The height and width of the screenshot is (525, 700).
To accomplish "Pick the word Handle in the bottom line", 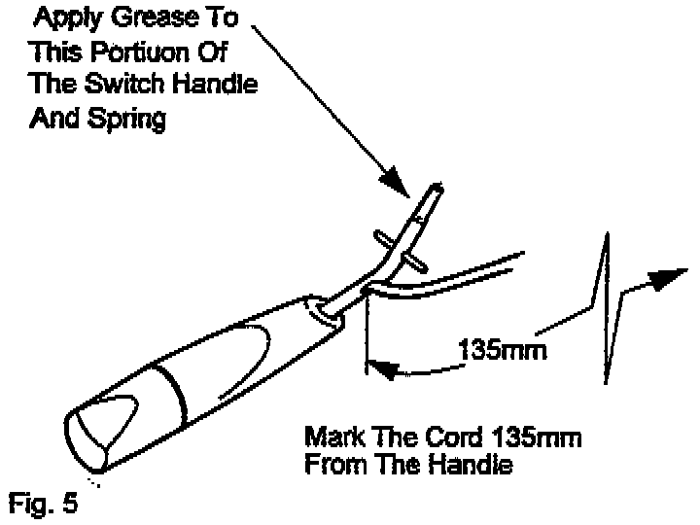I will [x=473, y=465].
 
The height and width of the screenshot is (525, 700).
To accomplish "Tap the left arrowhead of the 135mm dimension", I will [x=382, y=368].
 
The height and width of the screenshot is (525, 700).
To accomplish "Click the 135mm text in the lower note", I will [x=533, y=437].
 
